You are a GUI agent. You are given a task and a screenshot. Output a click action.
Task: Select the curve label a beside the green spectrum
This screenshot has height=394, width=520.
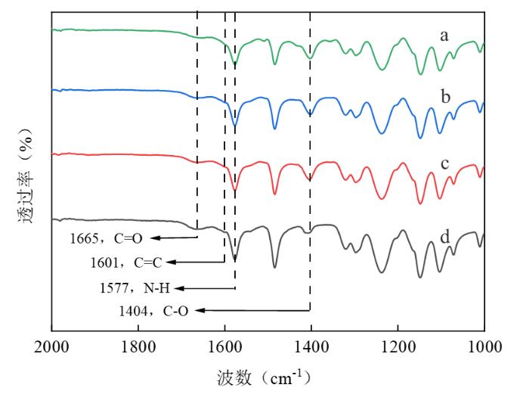pyautogui.click(x=445, y=35)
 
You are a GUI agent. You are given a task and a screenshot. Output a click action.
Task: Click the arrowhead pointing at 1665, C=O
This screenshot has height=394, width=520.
pyautogui.click(x=152, y=237)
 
